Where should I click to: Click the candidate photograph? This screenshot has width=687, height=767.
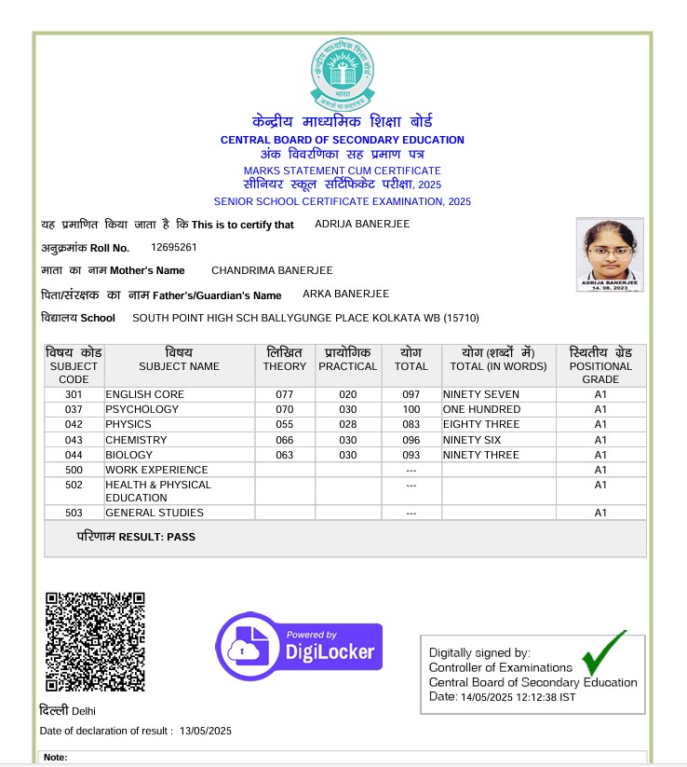pyautogui.click(x=610, y=254)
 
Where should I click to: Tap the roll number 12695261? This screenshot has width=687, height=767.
pyautogui.click(x=174, y=248)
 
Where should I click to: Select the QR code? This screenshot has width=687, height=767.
pyautogui.click(x=95, y=640)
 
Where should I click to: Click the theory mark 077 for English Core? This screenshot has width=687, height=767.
pyautogui.click(x=284, y=395)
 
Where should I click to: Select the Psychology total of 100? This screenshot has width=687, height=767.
pyautogui.click(x=411, y=410)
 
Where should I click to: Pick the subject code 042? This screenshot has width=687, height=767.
pyautogui.click(x=74, y=425)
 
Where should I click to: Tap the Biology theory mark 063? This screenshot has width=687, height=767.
pyautogui.click(x=284, y=455)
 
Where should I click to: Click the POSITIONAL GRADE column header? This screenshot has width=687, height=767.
pyautogui.click(x=600, y=366)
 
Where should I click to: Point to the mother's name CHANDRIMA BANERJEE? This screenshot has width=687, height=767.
pyautogui.click(x=272, y=270)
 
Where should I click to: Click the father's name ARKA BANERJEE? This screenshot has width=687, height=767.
pyautogui.click(x=347, y=294)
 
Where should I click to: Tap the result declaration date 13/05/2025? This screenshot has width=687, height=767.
pyautogui.click(x=206, y=731)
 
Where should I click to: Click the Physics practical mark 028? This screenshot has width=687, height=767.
pyautogui.click(x=347, y=425)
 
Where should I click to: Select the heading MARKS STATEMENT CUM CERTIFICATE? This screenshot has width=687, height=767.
pyautogui.click(x=343, y=171)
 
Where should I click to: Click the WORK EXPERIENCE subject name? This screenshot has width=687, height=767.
pyautogui.click(x=156, y=470)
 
